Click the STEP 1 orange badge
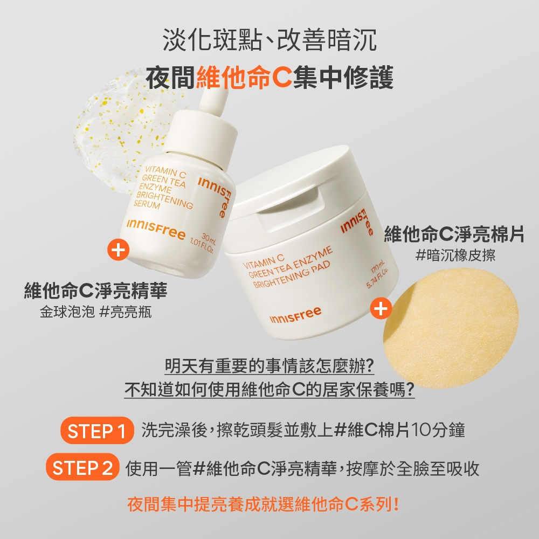(x=97, y=430)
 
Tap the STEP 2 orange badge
(x=82, y=467)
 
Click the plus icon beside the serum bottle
(x=118, y=250)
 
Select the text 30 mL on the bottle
(x=208, y=237)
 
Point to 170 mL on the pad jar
(x=377, y=267)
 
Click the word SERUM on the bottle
(x=147, y=204)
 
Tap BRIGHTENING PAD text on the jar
(x=291, y=274)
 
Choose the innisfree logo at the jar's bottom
(x=295, y=315)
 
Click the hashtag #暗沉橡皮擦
(x=455, y=255)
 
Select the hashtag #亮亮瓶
(x=125, y=312)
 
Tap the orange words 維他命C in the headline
(x=244, y=77)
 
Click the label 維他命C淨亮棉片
(x=454, y=234)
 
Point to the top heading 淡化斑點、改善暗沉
(x=269, y=40)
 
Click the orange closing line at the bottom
(x=264, y=505)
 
